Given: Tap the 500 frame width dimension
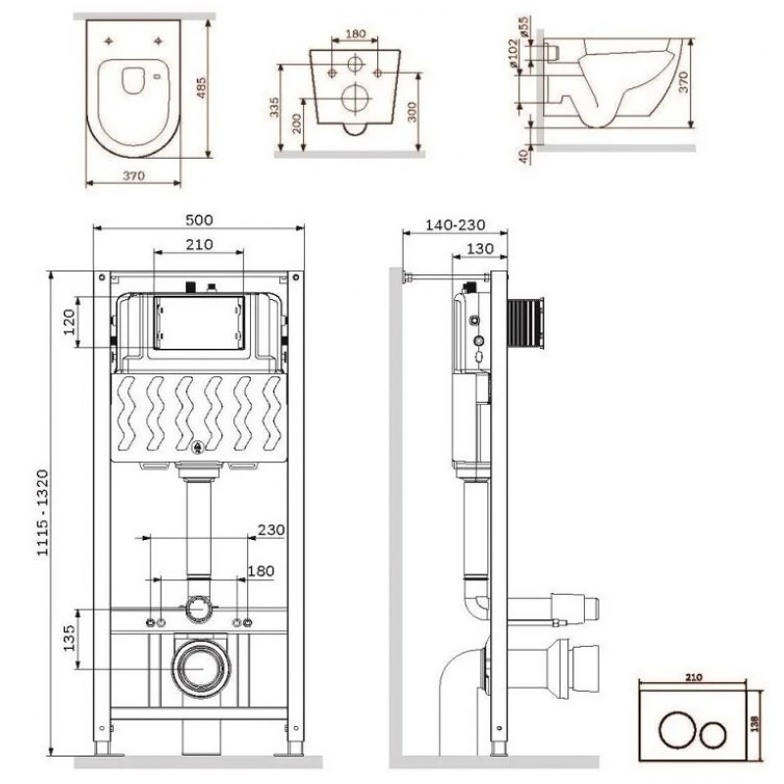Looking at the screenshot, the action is click(x=199, y=220).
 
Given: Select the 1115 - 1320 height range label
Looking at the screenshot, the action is click(x=43, y=513).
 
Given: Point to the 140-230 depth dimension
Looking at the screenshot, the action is click(x=455, y=225).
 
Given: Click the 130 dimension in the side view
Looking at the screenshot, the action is click(x=479, y=249).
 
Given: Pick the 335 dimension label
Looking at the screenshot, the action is click(x=274, y=108).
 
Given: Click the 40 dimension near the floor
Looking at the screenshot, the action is click(x=523, y=156).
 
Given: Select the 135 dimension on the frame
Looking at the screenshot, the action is click(x=69, y=638).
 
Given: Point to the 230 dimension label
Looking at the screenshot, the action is click(x=271, y=529).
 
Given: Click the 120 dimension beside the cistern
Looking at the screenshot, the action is click(x=69, y=322).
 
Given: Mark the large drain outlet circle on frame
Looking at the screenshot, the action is click(x=201, y=667).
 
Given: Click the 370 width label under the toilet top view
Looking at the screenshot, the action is click(x=134, y=175).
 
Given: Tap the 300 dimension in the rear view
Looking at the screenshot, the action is click(x=412, y=112).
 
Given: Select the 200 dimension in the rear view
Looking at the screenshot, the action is click(x=297, y=123).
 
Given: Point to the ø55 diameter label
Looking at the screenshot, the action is click(x=523, y=27).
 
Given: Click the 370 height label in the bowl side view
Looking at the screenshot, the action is click(x=683, y=82).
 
